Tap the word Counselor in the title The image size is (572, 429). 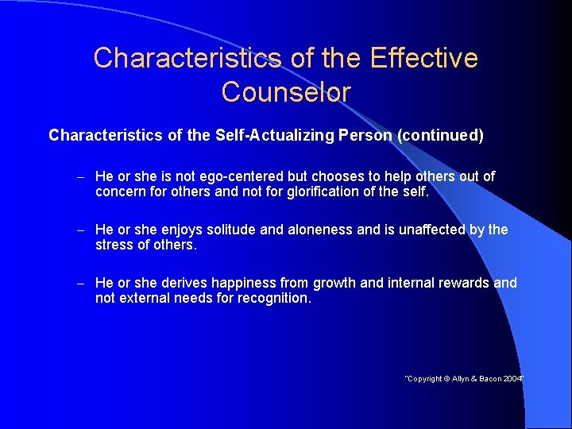(286, 92)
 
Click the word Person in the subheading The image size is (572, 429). (365, 135)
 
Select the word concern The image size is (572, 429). (121, 191)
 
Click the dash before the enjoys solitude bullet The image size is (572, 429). (81, 230)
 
